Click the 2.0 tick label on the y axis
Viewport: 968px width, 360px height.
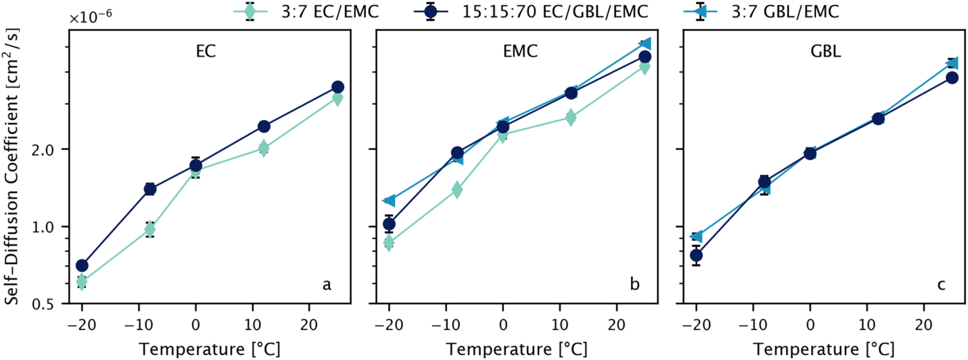pyautogui.click(x=43, y=149)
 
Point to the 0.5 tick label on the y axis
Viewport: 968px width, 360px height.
pyautogui.click(x=43, y=304)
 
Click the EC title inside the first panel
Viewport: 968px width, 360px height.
pyautogui.click(x=206, y=51)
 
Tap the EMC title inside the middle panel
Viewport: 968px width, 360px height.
pyautogui.click(x=520, y=51)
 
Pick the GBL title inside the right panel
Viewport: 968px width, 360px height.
pyautogui.click(x=825, y=51)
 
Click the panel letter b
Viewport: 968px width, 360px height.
pyautogui.click(x=635, y=284)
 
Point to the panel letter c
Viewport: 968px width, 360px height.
pyautogui.click(x=941, y=285)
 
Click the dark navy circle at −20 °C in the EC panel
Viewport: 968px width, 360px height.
pyautogui.click(x=82, y=265)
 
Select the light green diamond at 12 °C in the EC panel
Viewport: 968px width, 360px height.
pyautogui.click(x=264, y=148)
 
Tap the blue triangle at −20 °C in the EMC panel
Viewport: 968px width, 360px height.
pyautogui.click(x=389, y=200)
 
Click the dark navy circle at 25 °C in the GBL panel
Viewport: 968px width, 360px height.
pyautogui.click(x=952, y=78)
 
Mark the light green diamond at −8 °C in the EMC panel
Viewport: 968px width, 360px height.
pyautogui.click(x=457, y=190)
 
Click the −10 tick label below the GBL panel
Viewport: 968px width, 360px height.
pyautogui.click(x=753, y=325)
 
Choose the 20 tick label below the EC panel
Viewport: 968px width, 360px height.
pyautogui.click(x=309, y=325)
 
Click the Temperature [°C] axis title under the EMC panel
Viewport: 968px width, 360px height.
pyautogui.click(x=516, y=349)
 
